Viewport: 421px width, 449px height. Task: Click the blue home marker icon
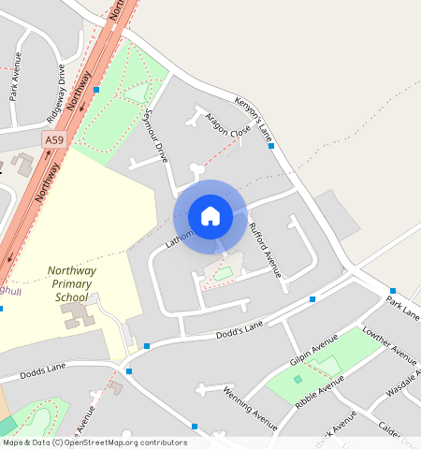click(x=210, y=216)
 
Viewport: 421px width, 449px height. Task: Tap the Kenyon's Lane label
click(x=252, y=112)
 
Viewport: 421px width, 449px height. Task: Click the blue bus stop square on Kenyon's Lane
click(x=271, y=146)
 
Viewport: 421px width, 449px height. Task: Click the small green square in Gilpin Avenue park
click(x=298, y=379)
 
